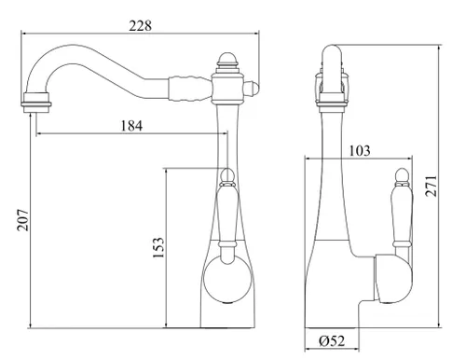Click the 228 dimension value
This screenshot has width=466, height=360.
click(x=141, y=26)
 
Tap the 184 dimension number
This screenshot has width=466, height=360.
click(x=131, y=126)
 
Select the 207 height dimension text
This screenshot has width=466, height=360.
click(x=22, y=220)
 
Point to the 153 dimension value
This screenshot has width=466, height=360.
click(x=158, y=247)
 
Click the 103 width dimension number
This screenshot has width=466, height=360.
click(x=360, y=151)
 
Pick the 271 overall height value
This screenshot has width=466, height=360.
click(x=431, y=186)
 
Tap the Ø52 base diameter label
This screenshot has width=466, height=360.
click(x=332, y=341)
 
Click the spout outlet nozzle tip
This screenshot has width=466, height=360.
click(x=36, y=103)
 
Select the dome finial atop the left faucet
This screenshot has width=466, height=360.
click(x=227, y=59)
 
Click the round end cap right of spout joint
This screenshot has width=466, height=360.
click(x=252, y=89)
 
